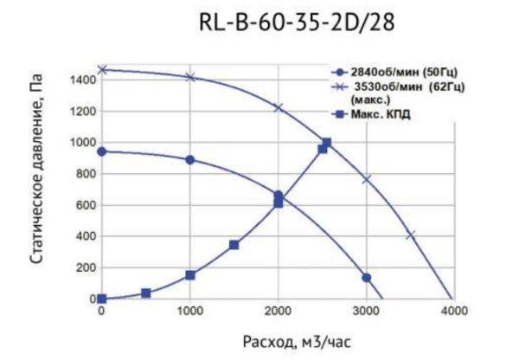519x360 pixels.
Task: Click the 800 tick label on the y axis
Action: click(84, 174)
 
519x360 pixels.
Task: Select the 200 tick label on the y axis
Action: click(84, 268)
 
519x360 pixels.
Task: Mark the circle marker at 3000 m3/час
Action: click(366, 278)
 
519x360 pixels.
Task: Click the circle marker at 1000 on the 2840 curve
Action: click(190, 159)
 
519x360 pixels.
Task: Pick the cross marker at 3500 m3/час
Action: click(411, 235)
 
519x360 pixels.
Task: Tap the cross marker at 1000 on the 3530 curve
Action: click(190, 78)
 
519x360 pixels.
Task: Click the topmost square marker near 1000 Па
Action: click(326, 143)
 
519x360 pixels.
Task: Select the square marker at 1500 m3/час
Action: click(234, 245)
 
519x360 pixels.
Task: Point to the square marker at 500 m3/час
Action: click(145, 293)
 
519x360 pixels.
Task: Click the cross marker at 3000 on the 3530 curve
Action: click(366, 179)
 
